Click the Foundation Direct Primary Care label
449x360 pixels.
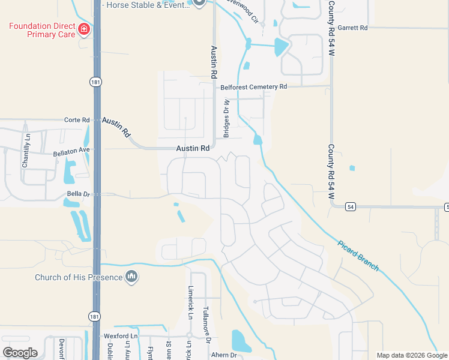pyautogui.click(x=42, y=30)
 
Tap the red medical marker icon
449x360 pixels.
pyautogui.click(x=84, y=28)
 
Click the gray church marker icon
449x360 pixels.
pyautogui.click(x=131, y=277)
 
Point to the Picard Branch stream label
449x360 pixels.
pyautogui.click(x=358, y=254)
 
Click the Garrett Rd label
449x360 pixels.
pyautogui.click(x=352, y=28)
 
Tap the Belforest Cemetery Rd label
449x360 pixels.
pyautogui.click(x=254, y=87)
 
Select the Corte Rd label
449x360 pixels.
pyautogui.click(x=77, y=120)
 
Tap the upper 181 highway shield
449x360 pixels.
pyautogui.click(x=95, y=81)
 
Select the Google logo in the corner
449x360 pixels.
pyautogui.click(x=20, y=353)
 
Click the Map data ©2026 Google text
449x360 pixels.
pyautogui.click(x=412, y=355)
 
